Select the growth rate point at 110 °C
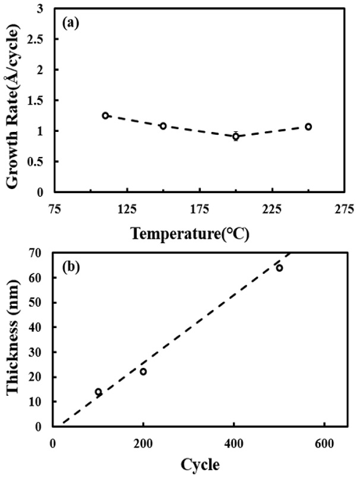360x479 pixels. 105,115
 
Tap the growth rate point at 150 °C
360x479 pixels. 163,126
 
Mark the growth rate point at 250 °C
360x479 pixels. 308,127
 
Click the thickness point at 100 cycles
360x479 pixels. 98,392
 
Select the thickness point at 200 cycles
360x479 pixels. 143,371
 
